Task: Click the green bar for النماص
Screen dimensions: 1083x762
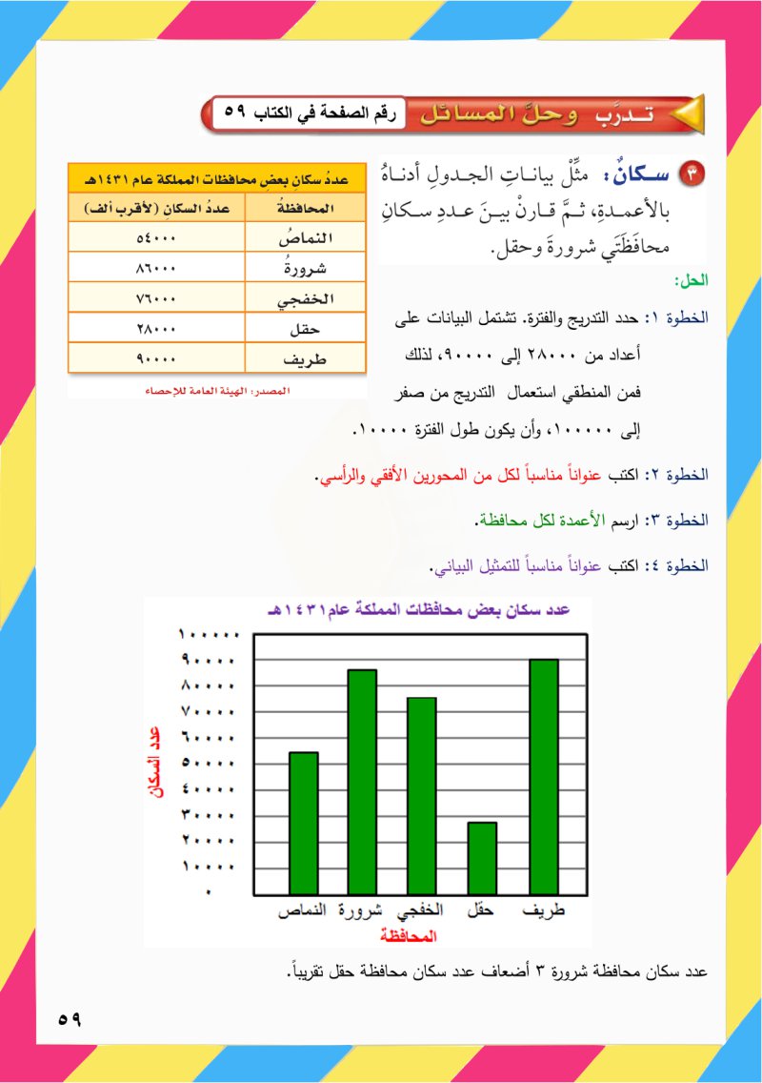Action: coord(304,822)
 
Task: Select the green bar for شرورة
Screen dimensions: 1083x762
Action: coord(362,781)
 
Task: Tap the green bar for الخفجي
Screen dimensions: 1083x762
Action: coord(421,795)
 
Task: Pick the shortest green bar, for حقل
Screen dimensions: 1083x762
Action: coord(482,857)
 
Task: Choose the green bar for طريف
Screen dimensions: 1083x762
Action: coord(543,776)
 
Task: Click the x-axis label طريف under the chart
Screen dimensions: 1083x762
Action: coord(544,910)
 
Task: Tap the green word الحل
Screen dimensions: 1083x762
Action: coord(688,280)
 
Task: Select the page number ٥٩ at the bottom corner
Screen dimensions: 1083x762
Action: coord(70,1019)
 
